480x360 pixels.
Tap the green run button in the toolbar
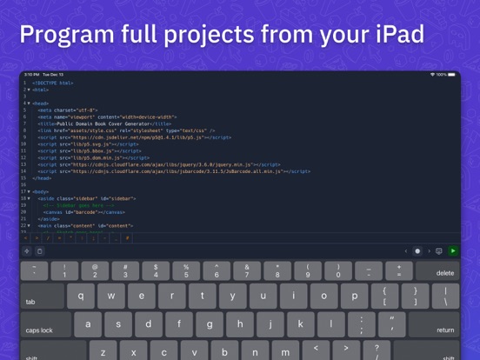[x=452, y=251]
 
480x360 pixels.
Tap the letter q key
[x=80, y=296]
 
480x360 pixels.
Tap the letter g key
[x=210, y=325]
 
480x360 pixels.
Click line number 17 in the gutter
[x=24, y=190]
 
